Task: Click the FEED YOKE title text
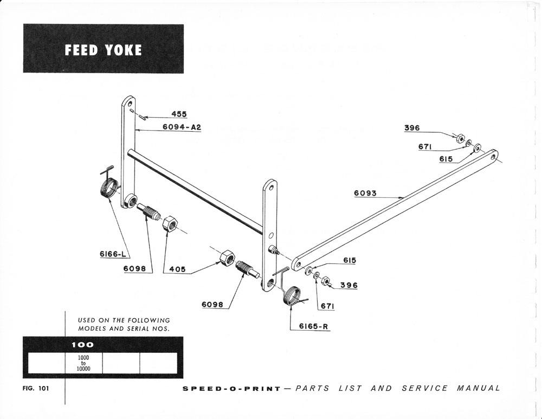103,50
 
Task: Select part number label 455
179,114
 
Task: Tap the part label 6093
365,194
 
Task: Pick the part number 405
177,269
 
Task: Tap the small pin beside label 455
140,115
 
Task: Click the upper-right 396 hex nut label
412,128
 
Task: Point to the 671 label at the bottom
327,306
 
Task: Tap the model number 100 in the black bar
82,344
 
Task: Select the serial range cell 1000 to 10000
83,363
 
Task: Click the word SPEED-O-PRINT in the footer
231,388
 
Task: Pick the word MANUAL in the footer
479,388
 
